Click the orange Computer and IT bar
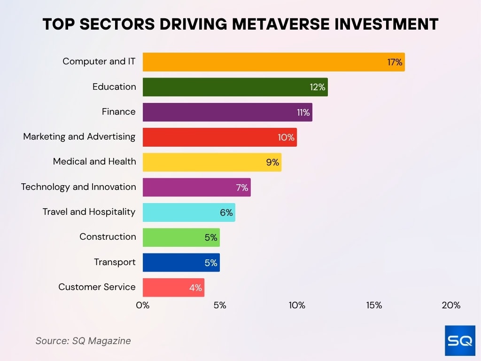[273, 62]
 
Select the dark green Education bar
[235, 87]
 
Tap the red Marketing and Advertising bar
[219, 137]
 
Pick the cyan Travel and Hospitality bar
[189, 212]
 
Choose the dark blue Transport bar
[181, 262]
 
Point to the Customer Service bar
[173, 287]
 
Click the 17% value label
[395, 62]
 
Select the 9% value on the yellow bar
[272, 163]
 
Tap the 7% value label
[242, 188]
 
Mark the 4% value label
[195, 288]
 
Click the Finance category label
[119, 112]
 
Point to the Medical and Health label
[94, 162]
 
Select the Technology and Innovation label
[78, 187]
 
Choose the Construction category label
[108, 237]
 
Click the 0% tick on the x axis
[143, 305]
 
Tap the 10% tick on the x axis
[297, 305]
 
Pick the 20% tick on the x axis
[451, 305]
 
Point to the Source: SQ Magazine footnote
[83, 341]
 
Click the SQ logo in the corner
[460, 340]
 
